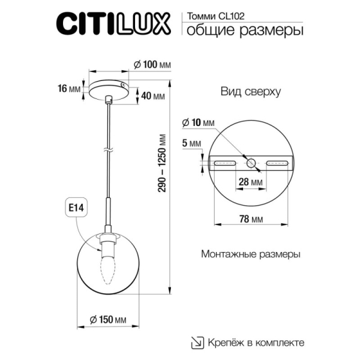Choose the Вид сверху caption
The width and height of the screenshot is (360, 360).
coord(242,92)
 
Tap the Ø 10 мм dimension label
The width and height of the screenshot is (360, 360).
coord(197,122)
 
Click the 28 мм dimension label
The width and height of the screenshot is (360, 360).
coord(251,181)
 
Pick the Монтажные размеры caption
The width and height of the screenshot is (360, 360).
coord(251,254)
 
